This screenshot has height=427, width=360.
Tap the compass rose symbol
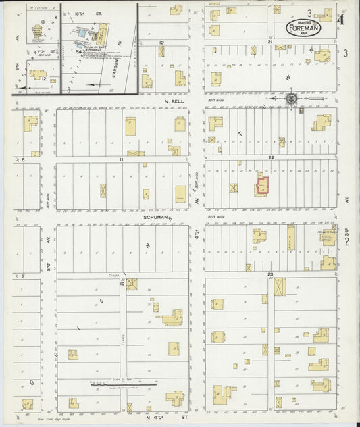click(x=291, y=99)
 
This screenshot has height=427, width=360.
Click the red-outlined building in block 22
click(x=261, y=186)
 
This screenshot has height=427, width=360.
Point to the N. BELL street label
click(x=174, y=101)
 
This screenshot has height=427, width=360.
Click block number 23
click(x=270, y=274)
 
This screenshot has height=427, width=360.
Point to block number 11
click(x=122, y=159)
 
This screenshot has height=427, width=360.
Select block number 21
click(x=269, y=42)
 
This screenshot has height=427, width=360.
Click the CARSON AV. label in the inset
click(x=115, y=66)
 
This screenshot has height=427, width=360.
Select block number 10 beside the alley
click(x=122, y=284)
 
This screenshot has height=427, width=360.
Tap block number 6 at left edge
click(x=22, y=160)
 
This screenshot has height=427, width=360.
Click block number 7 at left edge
click(x=22, y=276)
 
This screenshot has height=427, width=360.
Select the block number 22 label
click(x=270, y=157)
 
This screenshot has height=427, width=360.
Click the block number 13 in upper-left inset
click(x=42, y=22)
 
